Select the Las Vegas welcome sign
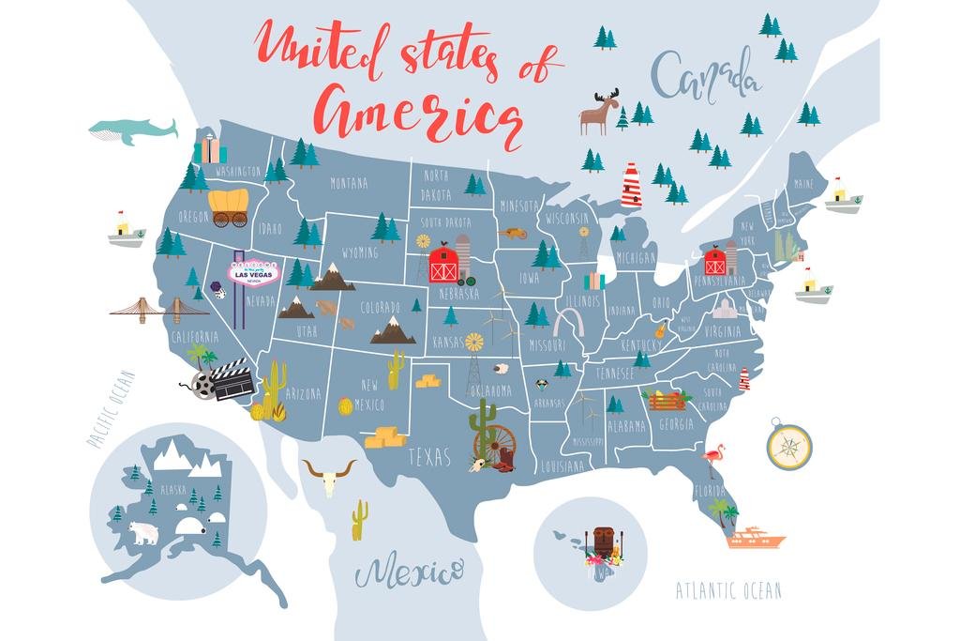251,272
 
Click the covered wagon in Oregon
229,207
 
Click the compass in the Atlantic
788,446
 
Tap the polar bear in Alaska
143,532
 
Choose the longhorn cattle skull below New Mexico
328,476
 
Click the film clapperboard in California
231,377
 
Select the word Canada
705,75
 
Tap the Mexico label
409,569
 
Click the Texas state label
429,457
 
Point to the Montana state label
349,184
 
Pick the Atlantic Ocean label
728,590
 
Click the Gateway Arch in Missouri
568,322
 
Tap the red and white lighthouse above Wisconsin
631,185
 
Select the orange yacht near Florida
756,538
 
